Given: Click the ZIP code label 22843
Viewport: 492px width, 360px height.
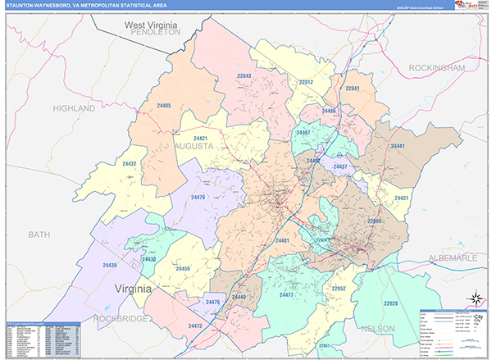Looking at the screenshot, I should [244, 76].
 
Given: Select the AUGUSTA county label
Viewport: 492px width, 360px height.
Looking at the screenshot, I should [194, 146].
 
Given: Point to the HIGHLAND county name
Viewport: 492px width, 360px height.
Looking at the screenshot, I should [75, 108].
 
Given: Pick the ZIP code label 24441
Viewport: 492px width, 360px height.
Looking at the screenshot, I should [398, 146].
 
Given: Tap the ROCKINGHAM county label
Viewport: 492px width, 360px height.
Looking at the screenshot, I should [435, 67].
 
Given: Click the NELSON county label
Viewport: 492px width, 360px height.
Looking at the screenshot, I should [376, 328].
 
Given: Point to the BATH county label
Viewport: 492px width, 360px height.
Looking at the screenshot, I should [39, 235].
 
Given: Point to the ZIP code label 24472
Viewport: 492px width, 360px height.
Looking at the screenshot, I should [195, 326].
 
